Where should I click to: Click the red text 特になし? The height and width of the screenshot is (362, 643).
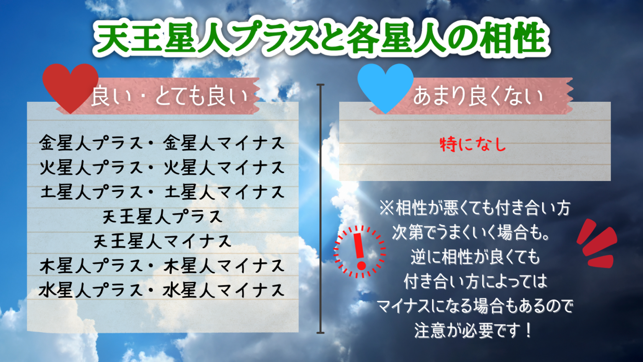[x=473, y=145]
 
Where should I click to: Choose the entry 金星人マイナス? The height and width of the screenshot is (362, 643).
[x=224, y=143]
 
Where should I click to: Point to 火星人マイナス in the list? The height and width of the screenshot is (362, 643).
[x=224, y=168]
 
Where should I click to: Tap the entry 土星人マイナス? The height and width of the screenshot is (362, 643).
[x=224, y=192]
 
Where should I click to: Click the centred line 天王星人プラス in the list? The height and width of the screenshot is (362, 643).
[x=162, y=217]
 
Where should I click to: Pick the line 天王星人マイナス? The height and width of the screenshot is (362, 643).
[x=162, y=241]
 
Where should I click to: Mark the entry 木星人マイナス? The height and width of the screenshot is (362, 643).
[x=224, y=266]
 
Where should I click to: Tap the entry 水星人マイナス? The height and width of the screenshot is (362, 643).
[x=224, y=290]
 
